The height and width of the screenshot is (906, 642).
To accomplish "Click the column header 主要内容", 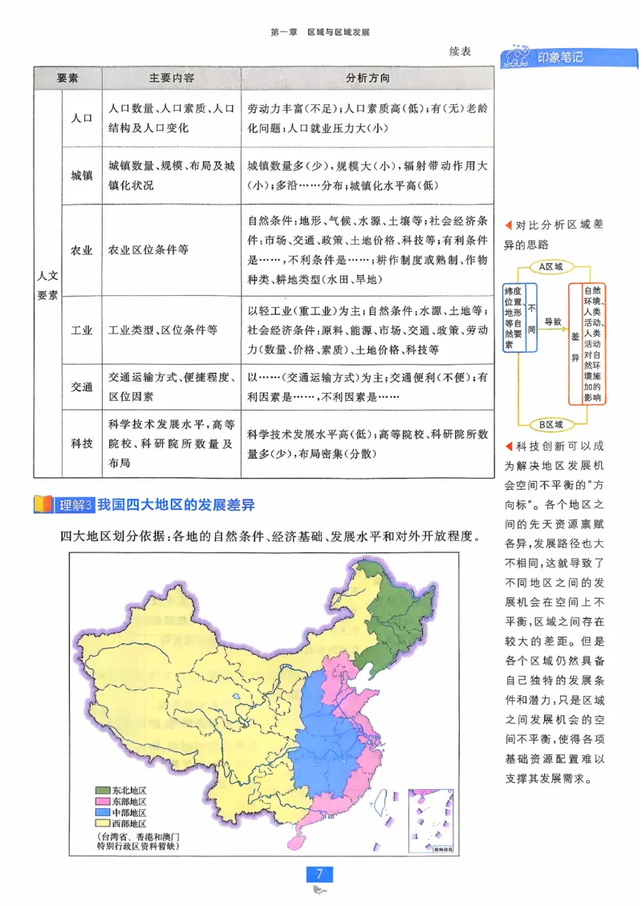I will (171, 79).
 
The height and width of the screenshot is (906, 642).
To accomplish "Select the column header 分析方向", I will (368, 79).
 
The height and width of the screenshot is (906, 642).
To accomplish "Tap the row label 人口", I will (82, 117).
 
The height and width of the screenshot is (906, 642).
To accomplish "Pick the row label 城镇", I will (82, 175).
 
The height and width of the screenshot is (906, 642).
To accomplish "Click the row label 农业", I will (82, 249).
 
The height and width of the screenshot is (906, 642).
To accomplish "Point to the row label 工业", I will (82, 330).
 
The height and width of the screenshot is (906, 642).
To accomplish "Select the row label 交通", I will (82, 386).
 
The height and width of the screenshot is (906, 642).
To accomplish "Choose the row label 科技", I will (82, 443).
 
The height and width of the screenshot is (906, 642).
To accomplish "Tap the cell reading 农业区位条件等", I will (148, 249).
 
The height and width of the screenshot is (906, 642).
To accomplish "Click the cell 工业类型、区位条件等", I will (162, 330).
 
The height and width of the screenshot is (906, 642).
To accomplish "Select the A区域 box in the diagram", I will (551, 265).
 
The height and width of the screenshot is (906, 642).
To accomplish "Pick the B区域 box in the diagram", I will (551, 424).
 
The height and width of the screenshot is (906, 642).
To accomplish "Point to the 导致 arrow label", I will (553, 320).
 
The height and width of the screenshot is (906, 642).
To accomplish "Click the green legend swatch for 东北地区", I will (101, 790).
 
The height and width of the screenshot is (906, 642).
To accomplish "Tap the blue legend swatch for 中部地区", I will (101, 812).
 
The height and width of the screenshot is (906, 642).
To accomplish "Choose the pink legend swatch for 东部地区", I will (101, 801).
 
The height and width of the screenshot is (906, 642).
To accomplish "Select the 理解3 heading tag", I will (75, 505).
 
